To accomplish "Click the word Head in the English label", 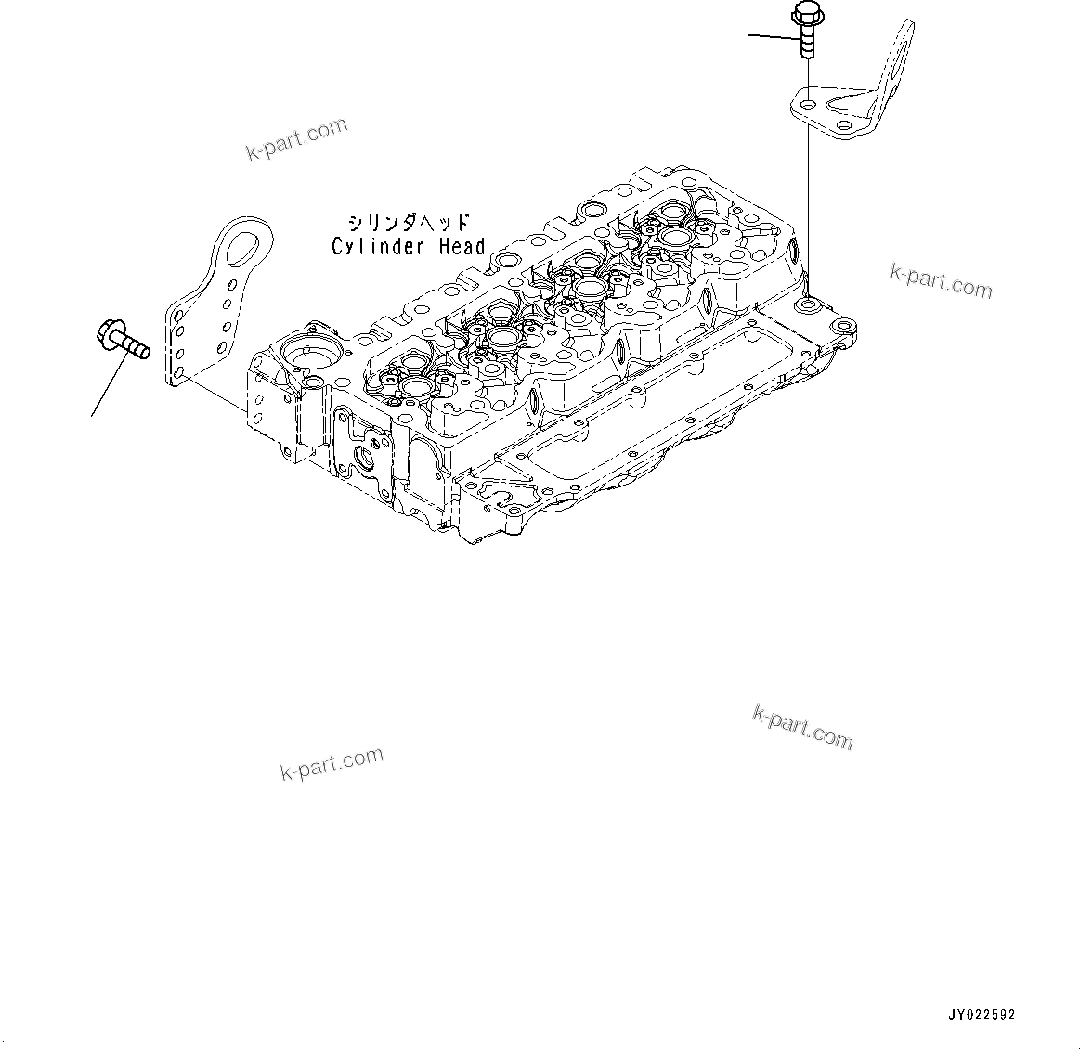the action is click(462, 246).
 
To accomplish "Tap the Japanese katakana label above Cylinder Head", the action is click(410, 222).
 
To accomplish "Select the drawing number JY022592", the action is click(981, 1015).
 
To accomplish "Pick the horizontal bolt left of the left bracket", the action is click(124, 339).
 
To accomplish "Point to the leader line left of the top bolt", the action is click(774, 36).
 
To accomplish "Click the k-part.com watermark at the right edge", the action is click(941, 281).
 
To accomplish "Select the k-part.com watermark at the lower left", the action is click(332, 763).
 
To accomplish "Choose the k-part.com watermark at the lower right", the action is click(803, 728).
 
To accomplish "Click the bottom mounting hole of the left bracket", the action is click(178, 374).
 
